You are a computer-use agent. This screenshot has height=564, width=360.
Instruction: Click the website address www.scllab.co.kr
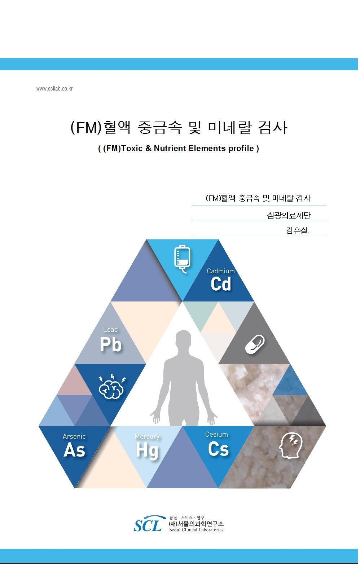(54, 89)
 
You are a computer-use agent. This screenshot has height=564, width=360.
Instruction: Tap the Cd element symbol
(221, 284)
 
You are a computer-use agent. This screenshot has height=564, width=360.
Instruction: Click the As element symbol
(74, 450)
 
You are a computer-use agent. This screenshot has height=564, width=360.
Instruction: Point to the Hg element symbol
(148, 451)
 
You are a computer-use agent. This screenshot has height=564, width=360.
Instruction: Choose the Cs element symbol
(218, 449)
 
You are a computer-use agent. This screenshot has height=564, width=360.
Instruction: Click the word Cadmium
(221, 271)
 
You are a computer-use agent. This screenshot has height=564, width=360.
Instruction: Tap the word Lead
(110, 329)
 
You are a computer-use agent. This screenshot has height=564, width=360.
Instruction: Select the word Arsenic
(74, 436)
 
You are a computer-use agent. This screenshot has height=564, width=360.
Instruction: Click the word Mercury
(147, 437)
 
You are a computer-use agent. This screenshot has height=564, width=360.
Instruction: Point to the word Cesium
(216, 434)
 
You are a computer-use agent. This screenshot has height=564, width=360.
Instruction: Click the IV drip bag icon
(182, 259)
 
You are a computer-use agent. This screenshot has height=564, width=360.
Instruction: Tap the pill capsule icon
(255, 344)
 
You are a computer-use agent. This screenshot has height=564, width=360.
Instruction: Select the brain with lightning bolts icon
(112, 387)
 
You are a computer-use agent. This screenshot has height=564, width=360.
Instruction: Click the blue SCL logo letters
(148, 524)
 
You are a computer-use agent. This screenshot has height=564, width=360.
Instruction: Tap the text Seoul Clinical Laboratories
(196, 530)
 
